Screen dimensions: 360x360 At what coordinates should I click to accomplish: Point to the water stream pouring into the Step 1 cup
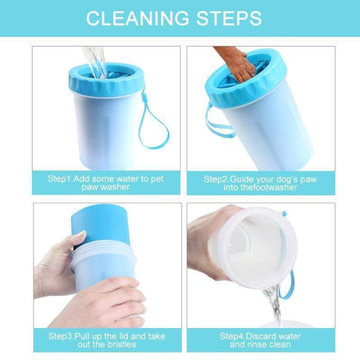[x=94, y=61]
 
